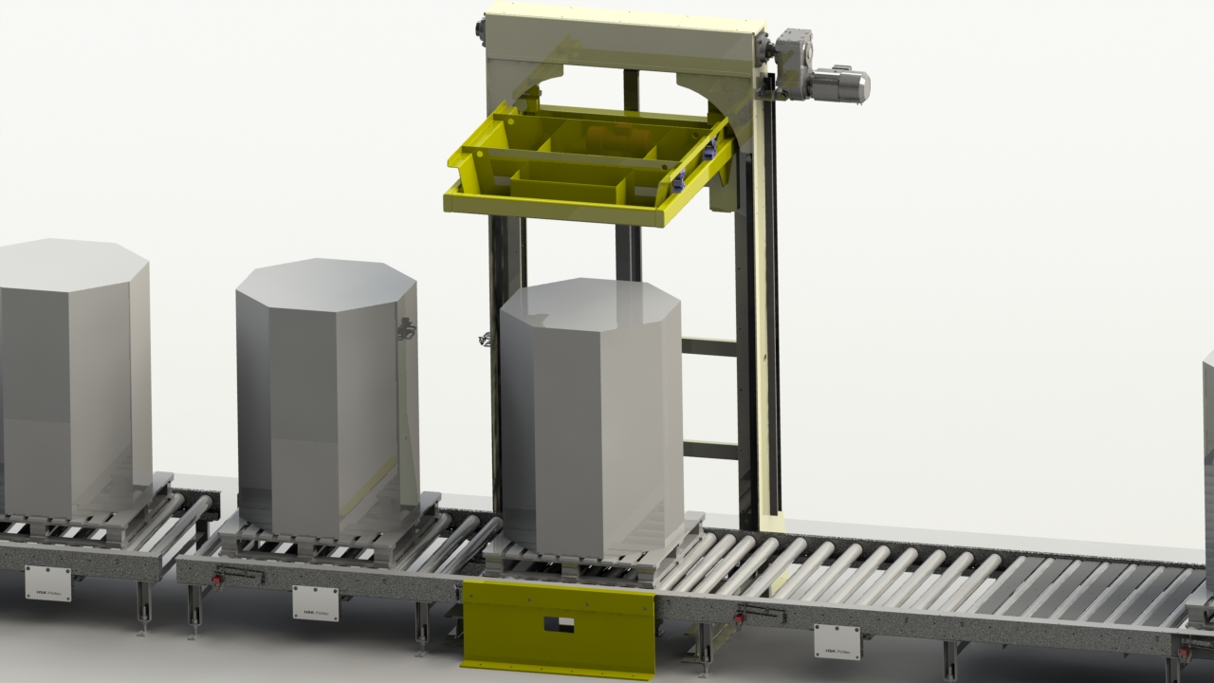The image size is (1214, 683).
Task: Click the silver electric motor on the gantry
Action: (840, 84)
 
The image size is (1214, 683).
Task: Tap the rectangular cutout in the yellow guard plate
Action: (558, 624)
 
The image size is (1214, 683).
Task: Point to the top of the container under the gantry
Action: (590, 302)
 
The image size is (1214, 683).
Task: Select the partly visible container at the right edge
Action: (1208, 446)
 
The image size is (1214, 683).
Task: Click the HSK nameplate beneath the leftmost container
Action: (47, 581)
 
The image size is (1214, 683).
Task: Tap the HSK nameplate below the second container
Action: (315, 601)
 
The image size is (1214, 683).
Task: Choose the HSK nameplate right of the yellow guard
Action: (837, 641)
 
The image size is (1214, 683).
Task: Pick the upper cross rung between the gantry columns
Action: (708, 347)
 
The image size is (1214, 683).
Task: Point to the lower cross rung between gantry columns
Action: (708, 450)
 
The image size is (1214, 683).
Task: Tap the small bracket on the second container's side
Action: (406, 328)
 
